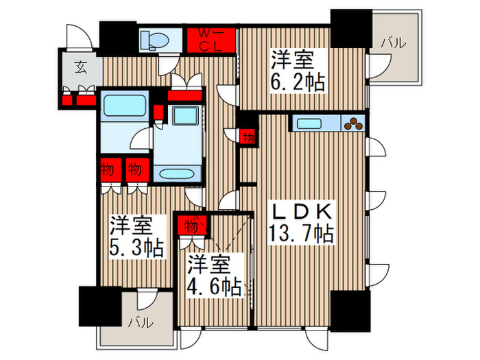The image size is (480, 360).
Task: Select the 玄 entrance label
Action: pyautogui.click(x=81, y=67)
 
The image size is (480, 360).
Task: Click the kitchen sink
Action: pyautogui.click(x=313, y=124)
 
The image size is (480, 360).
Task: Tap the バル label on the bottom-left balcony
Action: pyautogui.click(x=139, y=322)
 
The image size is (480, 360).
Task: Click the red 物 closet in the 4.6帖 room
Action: pyautogui.click(x=191, y=225)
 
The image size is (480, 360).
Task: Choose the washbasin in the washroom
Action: pyautogui.click(x=184, y=117)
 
